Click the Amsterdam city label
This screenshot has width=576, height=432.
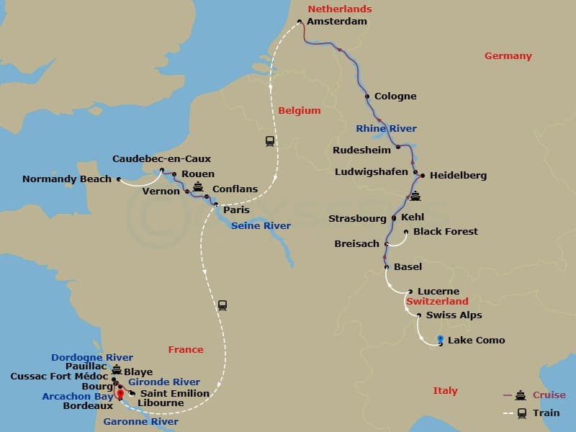point(336,22)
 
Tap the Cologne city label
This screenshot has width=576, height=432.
point(395,96)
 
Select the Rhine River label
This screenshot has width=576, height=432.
point(386,129)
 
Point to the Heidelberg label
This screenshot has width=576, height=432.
point(458,175)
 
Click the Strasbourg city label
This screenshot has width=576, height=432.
point(357,218)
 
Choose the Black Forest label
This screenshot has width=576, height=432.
point(445,231)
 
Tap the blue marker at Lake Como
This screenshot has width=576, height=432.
point(440,340)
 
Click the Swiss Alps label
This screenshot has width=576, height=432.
point(454,315)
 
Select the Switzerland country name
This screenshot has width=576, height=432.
point(437,302)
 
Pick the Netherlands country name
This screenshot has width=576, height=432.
point(339,9)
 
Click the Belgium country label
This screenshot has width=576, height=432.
point(299,111)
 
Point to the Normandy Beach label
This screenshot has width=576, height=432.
point(67,179)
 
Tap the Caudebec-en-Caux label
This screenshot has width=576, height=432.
point(161,158)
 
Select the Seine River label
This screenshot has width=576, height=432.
point(261,226)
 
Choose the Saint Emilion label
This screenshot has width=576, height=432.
point(174,393)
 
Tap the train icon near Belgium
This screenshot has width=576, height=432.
point(270,141)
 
